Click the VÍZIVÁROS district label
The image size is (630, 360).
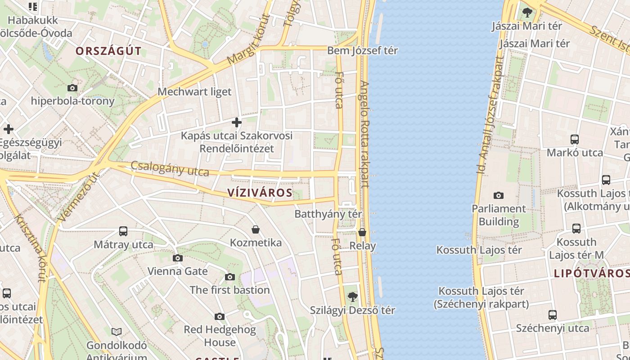pyautogui.click(x=260, y=193)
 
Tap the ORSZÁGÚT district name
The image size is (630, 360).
pyautogui.click(x=108, y=51)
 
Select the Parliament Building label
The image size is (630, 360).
pyautogui.click(x=498, y=215)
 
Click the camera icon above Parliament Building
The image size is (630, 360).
pyautogui.click(x=498, y=195)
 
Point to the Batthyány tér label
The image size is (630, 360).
pyautogui.click(x=328, y=214)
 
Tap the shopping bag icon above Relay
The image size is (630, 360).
pyautogui.click(x=362, y=232)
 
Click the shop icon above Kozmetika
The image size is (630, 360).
pyautogui.click(x=256, y=229)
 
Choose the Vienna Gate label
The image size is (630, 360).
pyautogui.click(x=178, y=271)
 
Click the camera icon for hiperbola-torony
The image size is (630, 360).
pyautogui.click(x=72, y=88)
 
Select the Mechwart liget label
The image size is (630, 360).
pyautogui.click(x=194, y=92)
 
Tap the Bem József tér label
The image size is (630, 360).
pyautogui.click(x=362, y=50)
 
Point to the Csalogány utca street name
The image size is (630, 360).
pyautogui.click(x=170, y=169)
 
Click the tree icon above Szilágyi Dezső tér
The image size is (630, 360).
pyautogui.click(x=352, y=297)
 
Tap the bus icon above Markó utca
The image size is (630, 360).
pyautogui.click(x=574, y=139)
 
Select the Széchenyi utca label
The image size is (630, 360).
pyautogui.click(x=552, y=328)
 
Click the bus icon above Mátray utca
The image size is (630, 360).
pyautogui.click(x=123, y=231)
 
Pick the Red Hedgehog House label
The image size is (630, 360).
pyautogui.click(x=220, y=336)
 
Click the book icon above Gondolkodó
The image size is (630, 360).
pyautogui.click(x=117, y=332)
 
